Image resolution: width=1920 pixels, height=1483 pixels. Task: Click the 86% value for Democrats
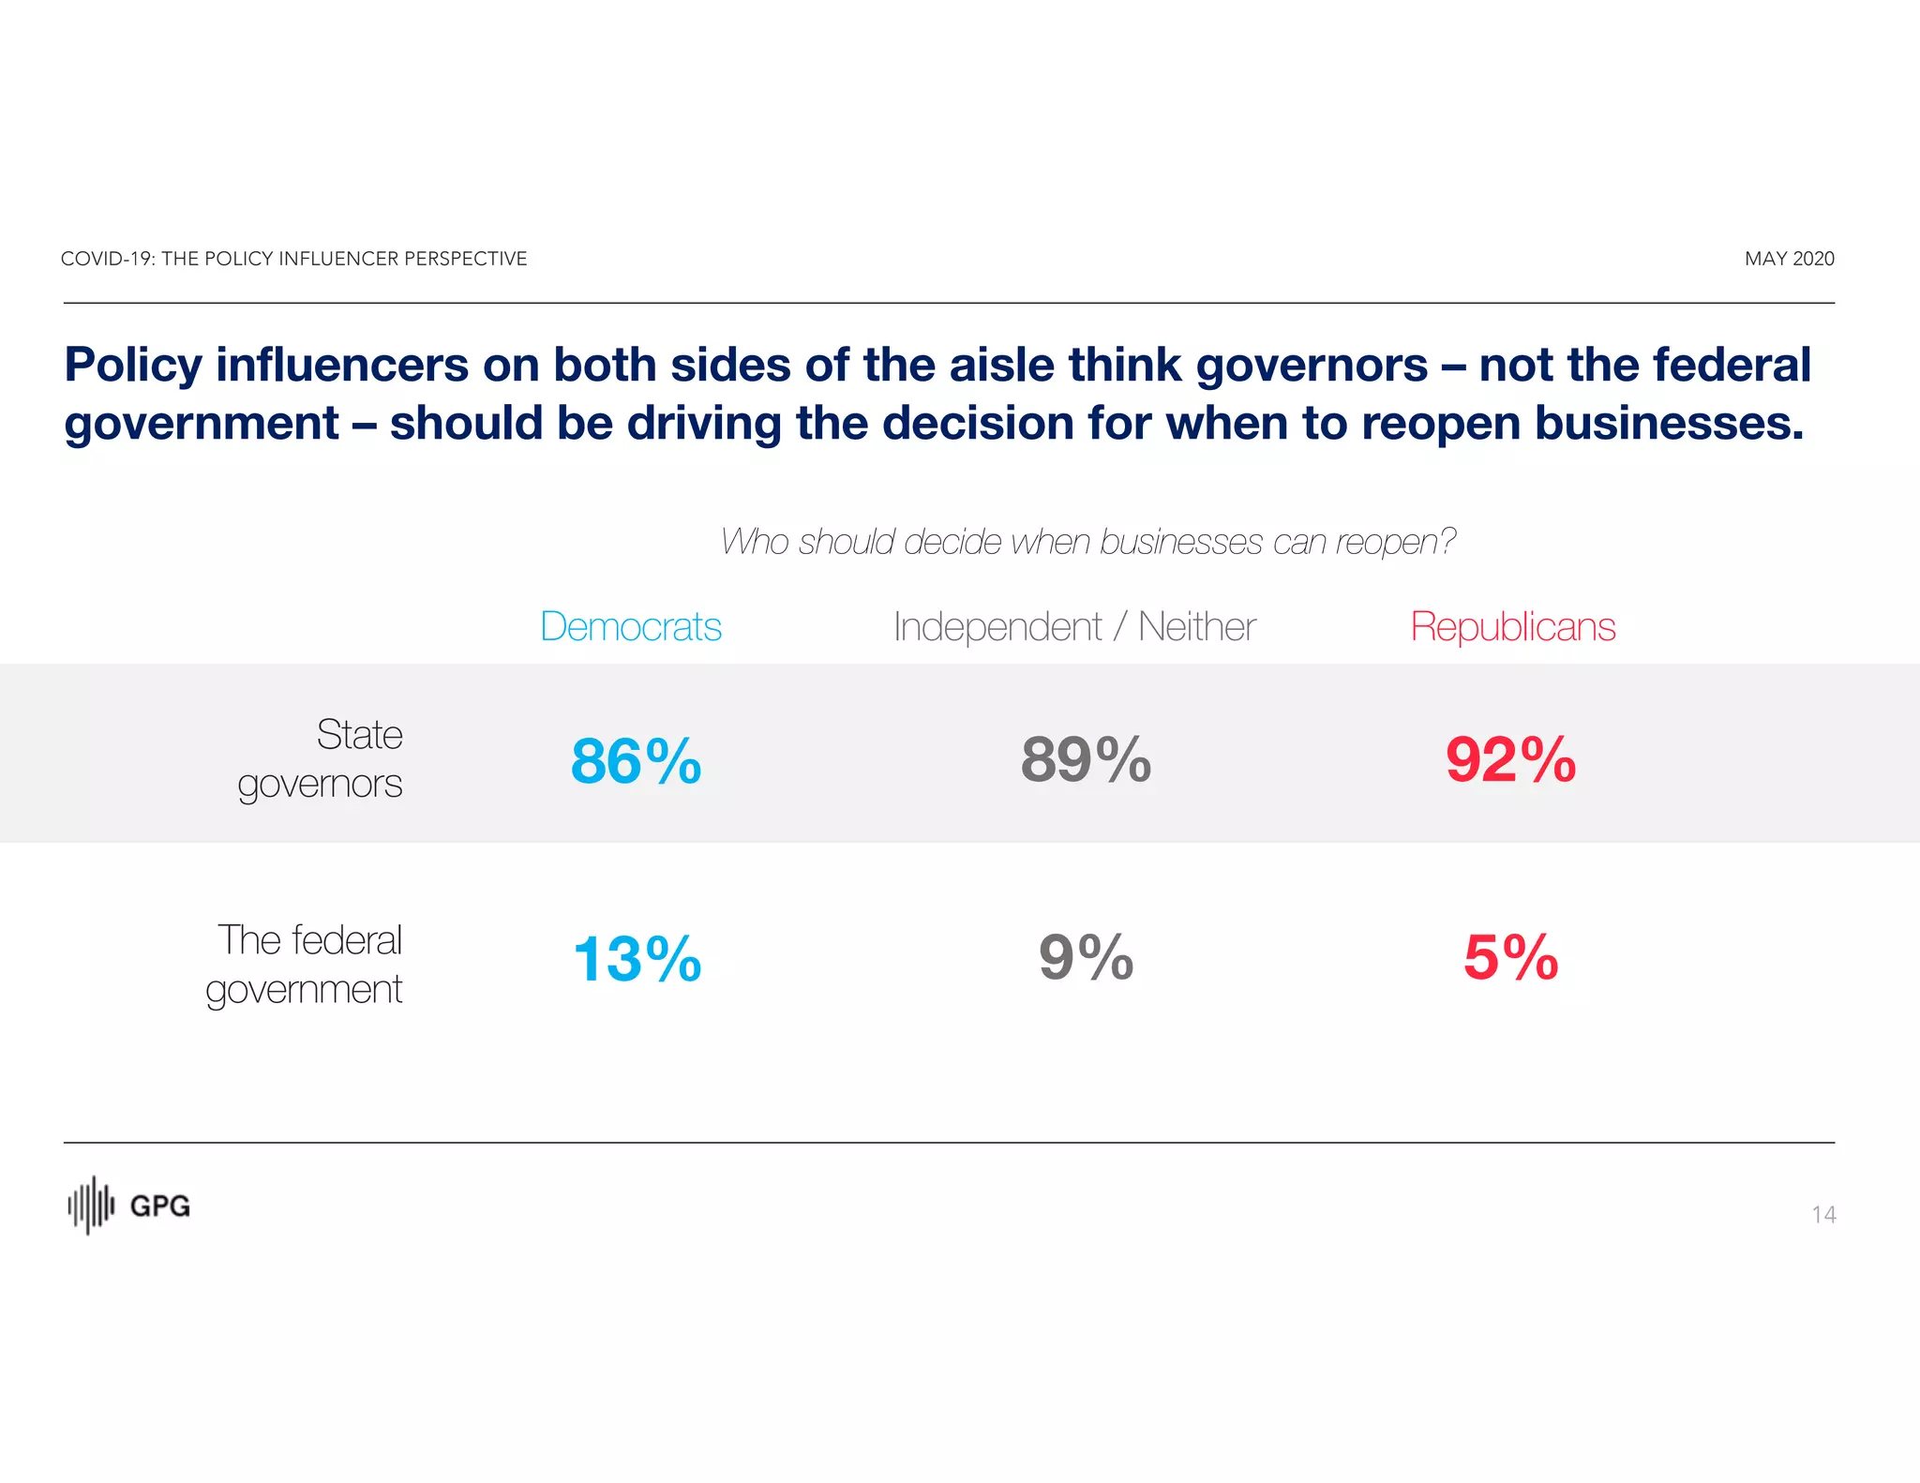click(x=636, y=760)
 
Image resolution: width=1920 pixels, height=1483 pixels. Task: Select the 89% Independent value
click(x=1086, y=759)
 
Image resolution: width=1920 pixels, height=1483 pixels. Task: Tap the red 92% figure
click(x=1510, y=759)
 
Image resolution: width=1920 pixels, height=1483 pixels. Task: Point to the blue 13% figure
click(x=637, y=959)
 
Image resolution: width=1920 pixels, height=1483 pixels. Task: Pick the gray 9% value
click(x=1086, y=957)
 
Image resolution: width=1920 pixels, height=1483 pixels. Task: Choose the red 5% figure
click(x=1510, y=957)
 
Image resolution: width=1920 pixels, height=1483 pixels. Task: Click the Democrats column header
click(x=631, y=626)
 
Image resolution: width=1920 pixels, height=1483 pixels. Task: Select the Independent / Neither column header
click(x=1074, y=627)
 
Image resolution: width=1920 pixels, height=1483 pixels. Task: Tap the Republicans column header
click(x=1513, y=626)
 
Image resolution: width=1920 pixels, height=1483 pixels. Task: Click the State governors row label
click(x=321, y=758)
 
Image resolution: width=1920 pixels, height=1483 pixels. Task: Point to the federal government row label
click(x=305, y=964)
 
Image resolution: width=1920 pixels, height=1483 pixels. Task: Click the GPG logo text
click(x=159, y=1206)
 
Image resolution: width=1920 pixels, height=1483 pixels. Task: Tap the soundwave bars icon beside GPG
click(x=91, y=1206)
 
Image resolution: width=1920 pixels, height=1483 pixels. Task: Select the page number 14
click(x=1822, y=1215)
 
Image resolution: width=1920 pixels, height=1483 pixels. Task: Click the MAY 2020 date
click(x=1789, y=259)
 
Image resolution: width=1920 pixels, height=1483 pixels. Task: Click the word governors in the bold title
click(x=1312, y=366)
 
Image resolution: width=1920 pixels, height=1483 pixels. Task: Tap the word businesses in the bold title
click(x=1669, y=424)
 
